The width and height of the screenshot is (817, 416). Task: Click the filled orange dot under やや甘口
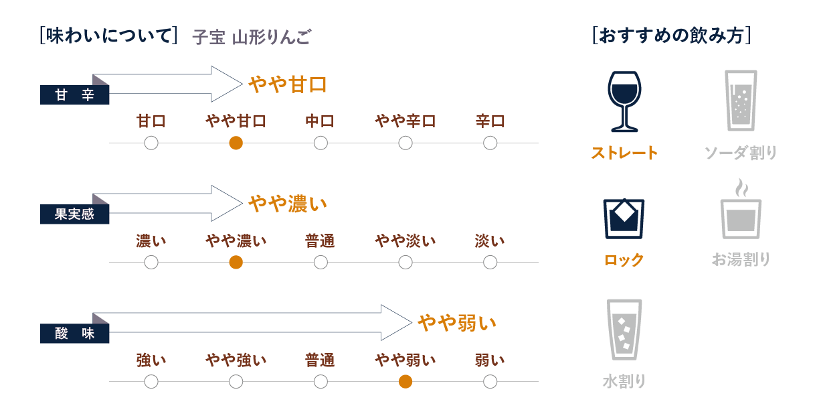pos(236,143)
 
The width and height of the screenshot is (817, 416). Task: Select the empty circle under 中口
pos(321,143)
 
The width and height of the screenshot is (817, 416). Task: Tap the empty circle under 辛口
pos(490,143)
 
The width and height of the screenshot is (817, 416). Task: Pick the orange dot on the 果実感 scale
pos(236,262)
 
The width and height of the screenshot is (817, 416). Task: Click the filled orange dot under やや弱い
pos(405,382)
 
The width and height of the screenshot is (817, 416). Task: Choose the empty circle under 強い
pos(151,382)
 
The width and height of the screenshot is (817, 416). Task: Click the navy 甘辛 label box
pos(74,94)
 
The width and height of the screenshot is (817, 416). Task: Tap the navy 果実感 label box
pos(74,214)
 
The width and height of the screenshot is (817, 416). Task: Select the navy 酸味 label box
pos(74,334)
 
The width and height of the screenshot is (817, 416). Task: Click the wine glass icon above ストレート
pos(624,101)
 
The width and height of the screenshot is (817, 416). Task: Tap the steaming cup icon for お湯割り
pos(741,208)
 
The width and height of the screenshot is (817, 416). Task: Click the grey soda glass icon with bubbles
pos(741,100)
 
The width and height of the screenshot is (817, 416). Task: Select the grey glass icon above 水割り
pos(624,330)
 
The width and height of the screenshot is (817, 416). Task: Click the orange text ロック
pos(624,260)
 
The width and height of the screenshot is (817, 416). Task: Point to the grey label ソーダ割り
pos(741,153)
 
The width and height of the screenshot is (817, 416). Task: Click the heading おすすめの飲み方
pos(672,36)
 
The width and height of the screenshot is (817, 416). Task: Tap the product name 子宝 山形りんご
pos(252,37)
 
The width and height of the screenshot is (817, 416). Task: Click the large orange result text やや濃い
pos(288,204)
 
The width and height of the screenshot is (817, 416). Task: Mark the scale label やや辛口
pos(405,121)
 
